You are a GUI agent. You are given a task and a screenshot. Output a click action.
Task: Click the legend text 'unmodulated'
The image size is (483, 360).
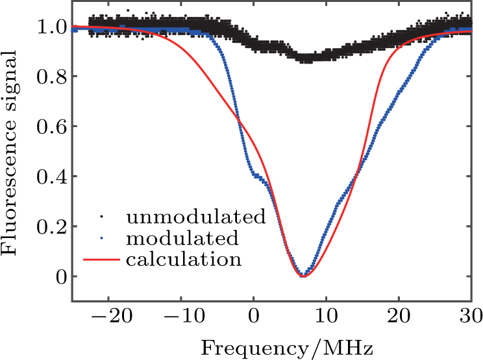click(x=196, y=216)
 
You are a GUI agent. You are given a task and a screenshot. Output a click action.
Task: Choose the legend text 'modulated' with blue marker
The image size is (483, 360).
click(x=183, y=238)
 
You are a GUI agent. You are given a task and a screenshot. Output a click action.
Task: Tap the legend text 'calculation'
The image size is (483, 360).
click(x=184, y=260)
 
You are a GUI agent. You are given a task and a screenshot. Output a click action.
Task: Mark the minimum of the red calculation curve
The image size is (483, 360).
click(x=303, y=276)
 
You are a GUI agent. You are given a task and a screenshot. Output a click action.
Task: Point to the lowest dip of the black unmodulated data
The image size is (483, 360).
click(x=305, y=59)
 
